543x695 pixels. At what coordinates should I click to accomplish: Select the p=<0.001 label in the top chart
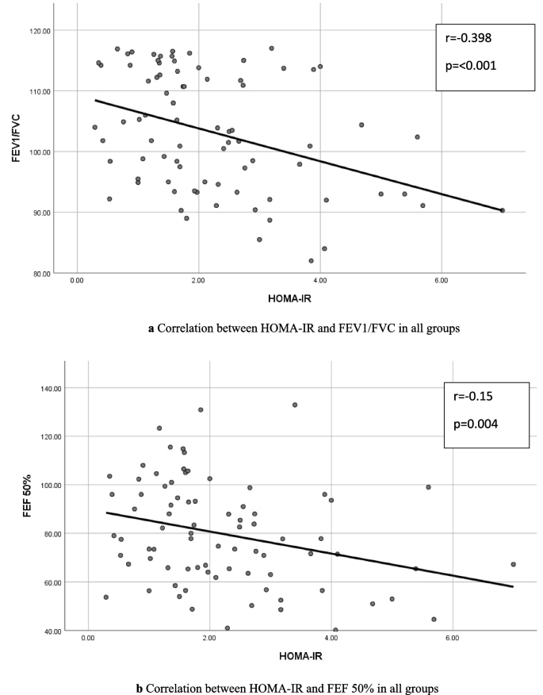(473, 66)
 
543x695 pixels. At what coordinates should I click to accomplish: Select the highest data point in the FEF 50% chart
(295, 405)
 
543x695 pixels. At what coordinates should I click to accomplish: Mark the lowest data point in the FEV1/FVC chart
(311, 260)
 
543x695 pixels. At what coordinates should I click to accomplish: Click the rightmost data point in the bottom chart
(513, 564)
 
